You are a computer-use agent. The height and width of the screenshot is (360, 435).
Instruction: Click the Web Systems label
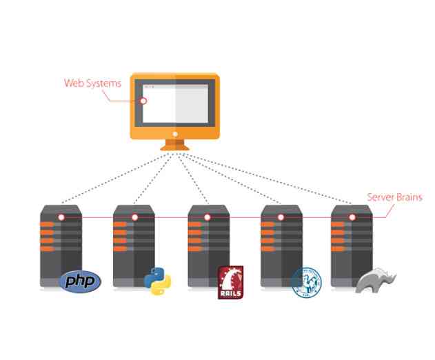pos(92,83)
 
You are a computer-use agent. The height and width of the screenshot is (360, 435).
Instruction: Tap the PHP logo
pos(81,281)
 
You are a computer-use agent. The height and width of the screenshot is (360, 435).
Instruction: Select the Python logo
pos(157,281)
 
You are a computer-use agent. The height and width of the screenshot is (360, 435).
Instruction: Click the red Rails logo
pos(230,282)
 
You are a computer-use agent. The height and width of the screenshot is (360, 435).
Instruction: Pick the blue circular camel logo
pos(306,281)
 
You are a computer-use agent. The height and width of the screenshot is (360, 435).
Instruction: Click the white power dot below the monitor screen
pos(175,133)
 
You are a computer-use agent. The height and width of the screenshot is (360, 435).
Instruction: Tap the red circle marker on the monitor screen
pos(144,100)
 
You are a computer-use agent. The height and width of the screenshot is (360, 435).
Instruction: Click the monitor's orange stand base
pos(175,147)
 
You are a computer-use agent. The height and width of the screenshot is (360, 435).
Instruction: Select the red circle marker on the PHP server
pos(61,217)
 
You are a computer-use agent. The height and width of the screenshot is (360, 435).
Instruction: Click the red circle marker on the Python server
pos(134,217)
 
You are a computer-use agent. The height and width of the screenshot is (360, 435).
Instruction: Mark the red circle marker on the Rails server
pos(207,217)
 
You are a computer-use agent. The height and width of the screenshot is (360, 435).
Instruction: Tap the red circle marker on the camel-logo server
pos(281,217)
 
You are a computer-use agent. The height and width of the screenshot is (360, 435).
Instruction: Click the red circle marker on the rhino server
pos(352,217)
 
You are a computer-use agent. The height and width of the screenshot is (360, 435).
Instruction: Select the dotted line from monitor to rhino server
pos(269,179)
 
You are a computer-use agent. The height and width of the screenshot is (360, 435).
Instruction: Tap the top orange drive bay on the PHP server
pos(47,226)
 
